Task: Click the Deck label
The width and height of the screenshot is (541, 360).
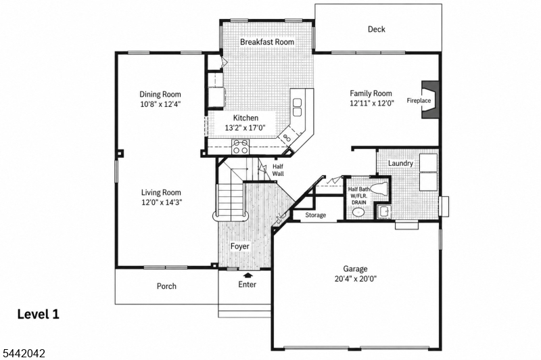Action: point(377,29)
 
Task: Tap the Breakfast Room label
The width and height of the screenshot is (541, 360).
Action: point(267,42)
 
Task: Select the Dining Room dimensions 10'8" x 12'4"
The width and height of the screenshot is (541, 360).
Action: point(160,104)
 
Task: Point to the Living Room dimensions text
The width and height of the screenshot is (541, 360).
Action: point(162,202)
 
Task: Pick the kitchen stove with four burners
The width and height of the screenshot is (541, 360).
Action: point(241,147)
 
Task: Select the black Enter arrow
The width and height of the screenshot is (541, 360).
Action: point(248,275)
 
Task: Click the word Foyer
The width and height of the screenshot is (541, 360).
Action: point(240,246)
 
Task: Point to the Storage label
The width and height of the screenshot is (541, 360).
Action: point(315,215)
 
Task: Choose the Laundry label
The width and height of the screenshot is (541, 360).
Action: point(400,163)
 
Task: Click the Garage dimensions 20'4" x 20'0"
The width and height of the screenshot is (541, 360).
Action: point(356,279)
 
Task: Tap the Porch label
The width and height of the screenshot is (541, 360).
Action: point(166,286)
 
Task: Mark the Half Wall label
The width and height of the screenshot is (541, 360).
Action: point(278,170)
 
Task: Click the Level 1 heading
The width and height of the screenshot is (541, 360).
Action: point(39,315)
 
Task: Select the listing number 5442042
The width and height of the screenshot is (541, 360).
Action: point(24,353)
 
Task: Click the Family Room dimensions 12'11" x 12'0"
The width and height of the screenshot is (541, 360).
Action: point(372,103)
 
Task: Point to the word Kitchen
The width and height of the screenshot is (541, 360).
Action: point(245,118)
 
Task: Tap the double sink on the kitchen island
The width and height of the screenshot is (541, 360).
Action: point(297,107)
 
